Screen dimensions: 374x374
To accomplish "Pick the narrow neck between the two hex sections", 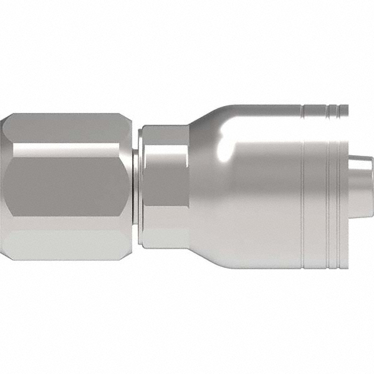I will pyautogui.click(x=135, y=187).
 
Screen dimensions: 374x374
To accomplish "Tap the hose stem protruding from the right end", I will pyautogui.click(x=360, y=187).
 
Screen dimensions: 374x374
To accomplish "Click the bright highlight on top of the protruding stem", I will pyautogui.click(x=360, y=164).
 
